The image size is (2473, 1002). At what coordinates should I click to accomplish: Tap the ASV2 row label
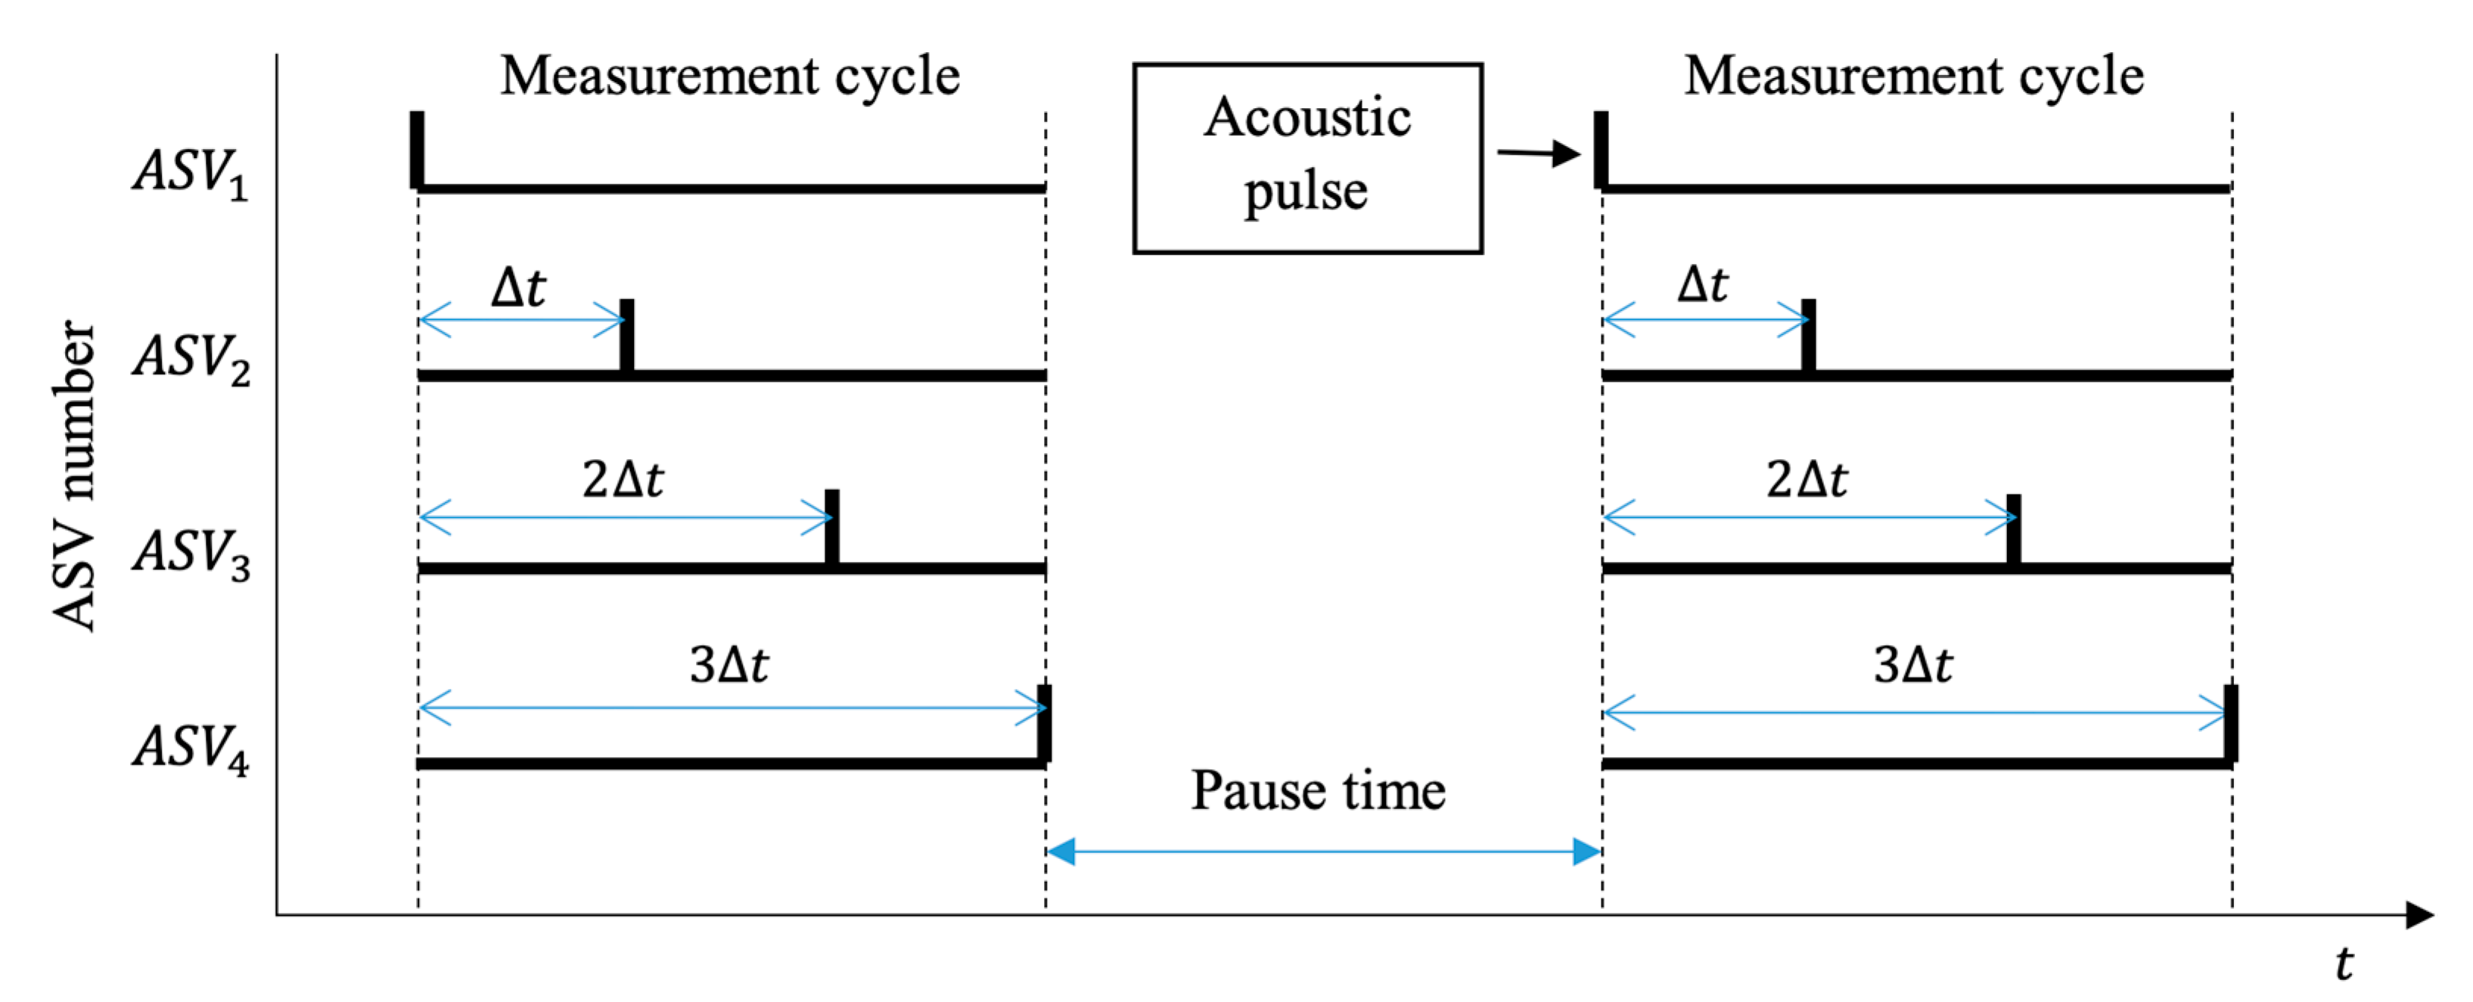click(x=192, y=359)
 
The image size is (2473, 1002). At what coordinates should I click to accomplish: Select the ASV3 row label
click(x=192, y=554)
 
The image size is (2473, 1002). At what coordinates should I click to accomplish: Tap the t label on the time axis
click(x=2344, y=963)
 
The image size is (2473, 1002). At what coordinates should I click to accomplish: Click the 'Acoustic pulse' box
click(x=1306, y=158)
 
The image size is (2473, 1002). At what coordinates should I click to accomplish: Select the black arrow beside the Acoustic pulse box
click(x=1539, y=153)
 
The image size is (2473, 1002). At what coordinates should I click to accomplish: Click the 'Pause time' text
click(x=1317, y=791)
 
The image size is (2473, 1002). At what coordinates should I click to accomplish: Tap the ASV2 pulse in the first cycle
click(x=627, y=335)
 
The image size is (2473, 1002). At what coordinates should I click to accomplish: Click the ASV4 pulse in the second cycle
click(x=2231, y=723)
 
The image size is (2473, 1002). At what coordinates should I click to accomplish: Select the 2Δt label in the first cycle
click(x=623, y=479)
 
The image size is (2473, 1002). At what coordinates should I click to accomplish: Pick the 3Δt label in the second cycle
click(x=1912, y=664)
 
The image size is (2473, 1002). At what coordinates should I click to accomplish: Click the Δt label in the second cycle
click(x=1702, y=285)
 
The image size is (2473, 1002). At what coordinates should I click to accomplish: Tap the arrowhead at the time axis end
click(x=2419, y=915)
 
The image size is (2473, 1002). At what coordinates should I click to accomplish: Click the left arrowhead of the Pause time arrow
click(x=1061, y=850)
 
